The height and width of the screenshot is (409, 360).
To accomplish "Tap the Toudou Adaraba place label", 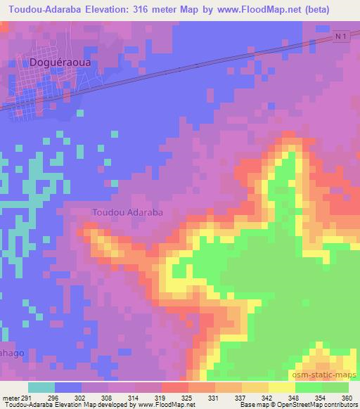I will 128,212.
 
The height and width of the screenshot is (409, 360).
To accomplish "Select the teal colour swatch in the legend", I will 41,387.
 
